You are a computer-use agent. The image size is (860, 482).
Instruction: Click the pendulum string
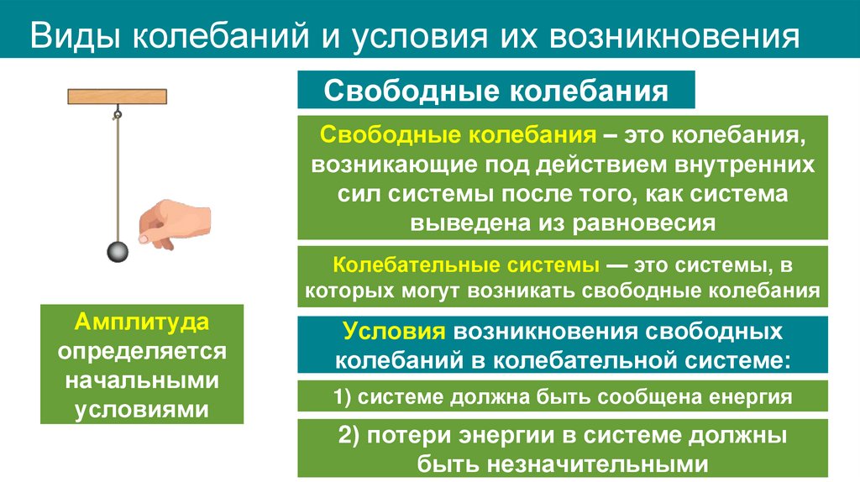tap(117, 176)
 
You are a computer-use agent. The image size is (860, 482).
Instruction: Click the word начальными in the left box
tap(142, 380)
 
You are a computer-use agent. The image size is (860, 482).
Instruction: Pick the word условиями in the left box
tap(142, 409)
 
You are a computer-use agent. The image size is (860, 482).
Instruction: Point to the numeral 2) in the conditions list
tap(349, 437)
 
